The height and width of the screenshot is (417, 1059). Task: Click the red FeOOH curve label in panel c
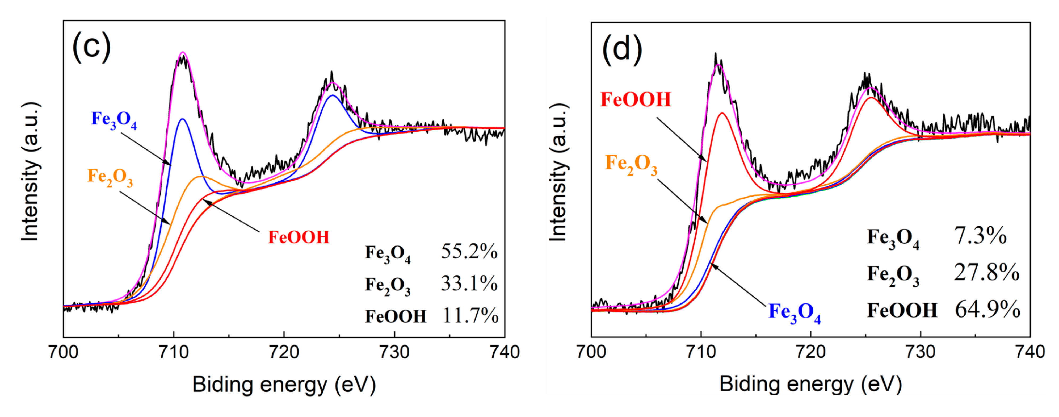coord(299,237)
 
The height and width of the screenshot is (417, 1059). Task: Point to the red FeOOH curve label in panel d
coord(636,99)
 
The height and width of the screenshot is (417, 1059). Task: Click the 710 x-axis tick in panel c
coord(174,352)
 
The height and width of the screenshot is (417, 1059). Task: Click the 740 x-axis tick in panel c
coord(504,352)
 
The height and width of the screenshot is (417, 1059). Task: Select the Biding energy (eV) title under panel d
coord(810,384)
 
